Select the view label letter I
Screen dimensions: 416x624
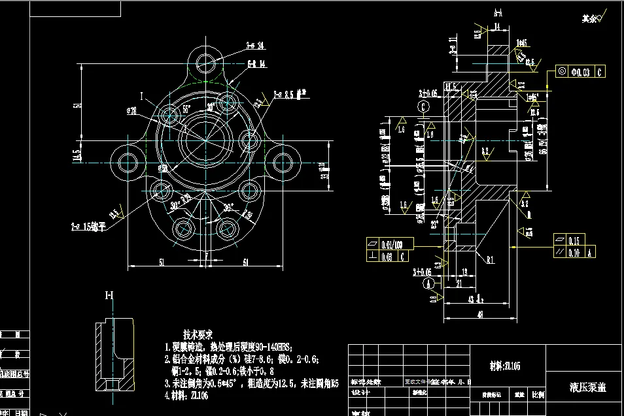(141, 96)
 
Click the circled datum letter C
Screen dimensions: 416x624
(424, 106)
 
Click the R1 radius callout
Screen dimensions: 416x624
(490, 259)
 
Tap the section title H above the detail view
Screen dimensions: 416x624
(109, 295)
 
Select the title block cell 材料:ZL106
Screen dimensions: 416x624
(505, 366)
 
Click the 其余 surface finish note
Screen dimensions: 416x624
(589, 19)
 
